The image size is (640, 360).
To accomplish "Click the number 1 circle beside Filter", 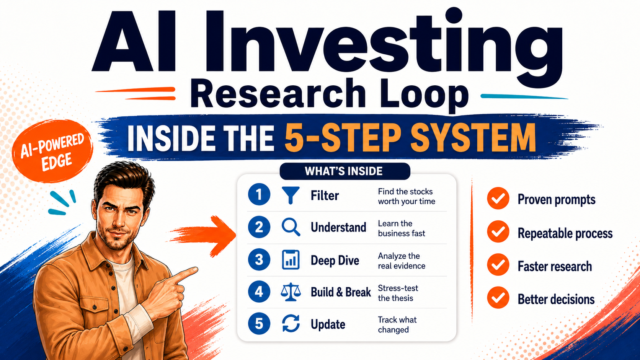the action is pos(259,194).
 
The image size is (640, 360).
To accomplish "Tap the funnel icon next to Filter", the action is pos(291,195).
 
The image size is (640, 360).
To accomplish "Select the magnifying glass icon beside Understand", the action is pos(291,227).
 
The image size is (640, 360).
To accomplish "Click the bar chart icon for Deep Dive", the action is pos(291,259).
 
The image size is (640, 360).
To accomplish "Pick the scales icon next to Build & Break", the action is pos(291,292).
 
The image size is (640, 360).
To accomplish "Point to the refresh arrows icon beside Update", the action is pos(291,323).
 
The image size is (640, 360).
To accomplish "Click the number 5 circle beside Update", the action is pos(259,323).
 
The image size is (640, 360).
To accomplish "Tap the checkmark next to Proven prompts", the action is pos(498,199).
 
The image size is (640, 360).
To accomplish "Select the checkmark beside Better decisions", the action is pos(498,298).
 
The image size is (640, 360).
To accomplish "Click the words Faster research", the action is pos(555,266).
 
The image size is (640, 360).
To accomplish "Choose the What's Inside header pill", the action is pos(345,171).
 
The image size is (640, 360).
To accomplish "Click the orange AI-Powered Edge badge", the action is pos(52,151).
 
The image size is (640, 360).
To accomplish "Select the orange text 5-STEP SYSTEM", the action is pos(410,138).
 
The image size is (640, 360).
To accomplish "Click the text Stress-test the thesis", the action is pos(398,293).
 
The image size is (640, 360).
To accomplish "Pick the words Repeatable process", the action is pos(565,233).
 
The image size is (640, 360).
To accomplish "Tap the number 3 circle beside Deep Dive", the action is pos(259,259).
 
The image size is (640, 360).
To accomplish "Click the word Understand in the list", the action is pos(338,227).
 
